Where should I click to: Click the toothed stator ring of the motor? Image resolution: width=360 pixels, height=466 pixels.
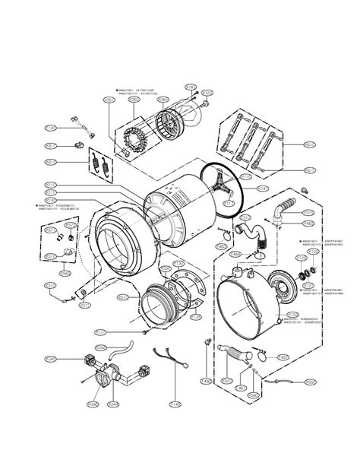(x=134, y=141)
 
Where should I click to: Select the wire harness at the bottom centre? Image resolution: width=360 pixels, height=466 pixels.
(x=169, y=358)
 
